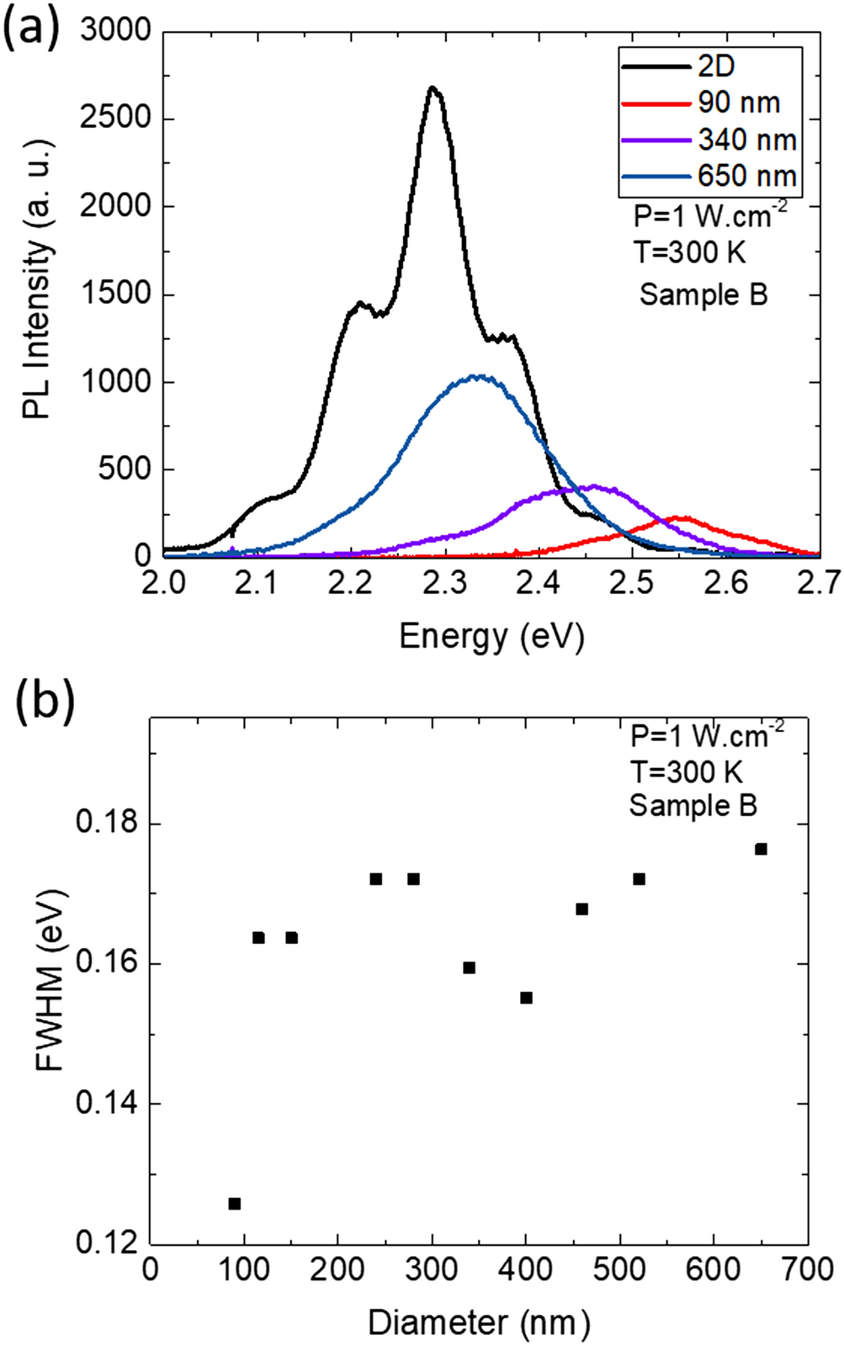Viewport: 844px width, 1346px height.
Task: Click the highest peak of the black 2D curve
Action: [x=433, y=87]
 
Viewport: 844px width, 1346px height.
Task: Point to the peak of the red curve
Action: [x=680, y=518]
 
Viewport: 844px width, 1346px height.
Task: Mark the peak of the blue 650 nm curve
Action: [x=477, y=376]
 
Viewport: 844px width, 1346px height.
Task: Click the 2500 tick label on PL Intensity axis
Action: [x=115, y=118]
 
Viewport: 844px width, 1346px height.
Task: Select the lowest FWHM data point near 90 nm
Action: [x=235, y=1204]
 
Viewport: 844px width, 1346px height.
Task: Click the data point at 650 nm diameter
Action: [x=761, y=849]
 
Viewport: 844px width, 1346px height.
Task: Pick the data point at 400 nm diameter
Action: [x=526, y=998]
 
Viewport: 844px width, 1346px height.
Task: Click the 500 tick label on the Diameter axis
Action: [x=620, y=1269]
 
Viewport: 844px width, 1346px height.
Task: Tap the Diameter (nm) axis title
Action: [x=479, y=1322]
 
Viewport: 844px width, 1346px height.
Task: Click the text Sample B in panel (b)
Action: [x=693, y=805]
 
